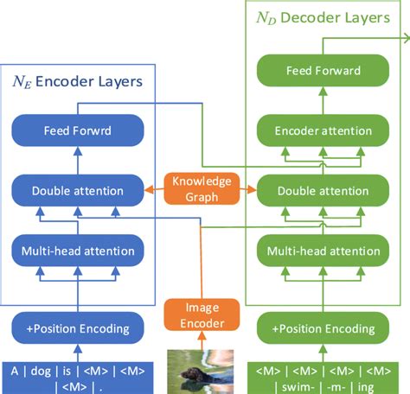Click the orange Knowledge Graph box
[200, 188]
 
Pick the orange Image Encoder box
[200, 315]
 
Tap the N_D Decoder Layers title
[322, 18]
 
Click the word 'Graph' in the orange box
[200, 196]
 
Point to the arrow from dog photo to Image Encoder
[200, 340]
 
